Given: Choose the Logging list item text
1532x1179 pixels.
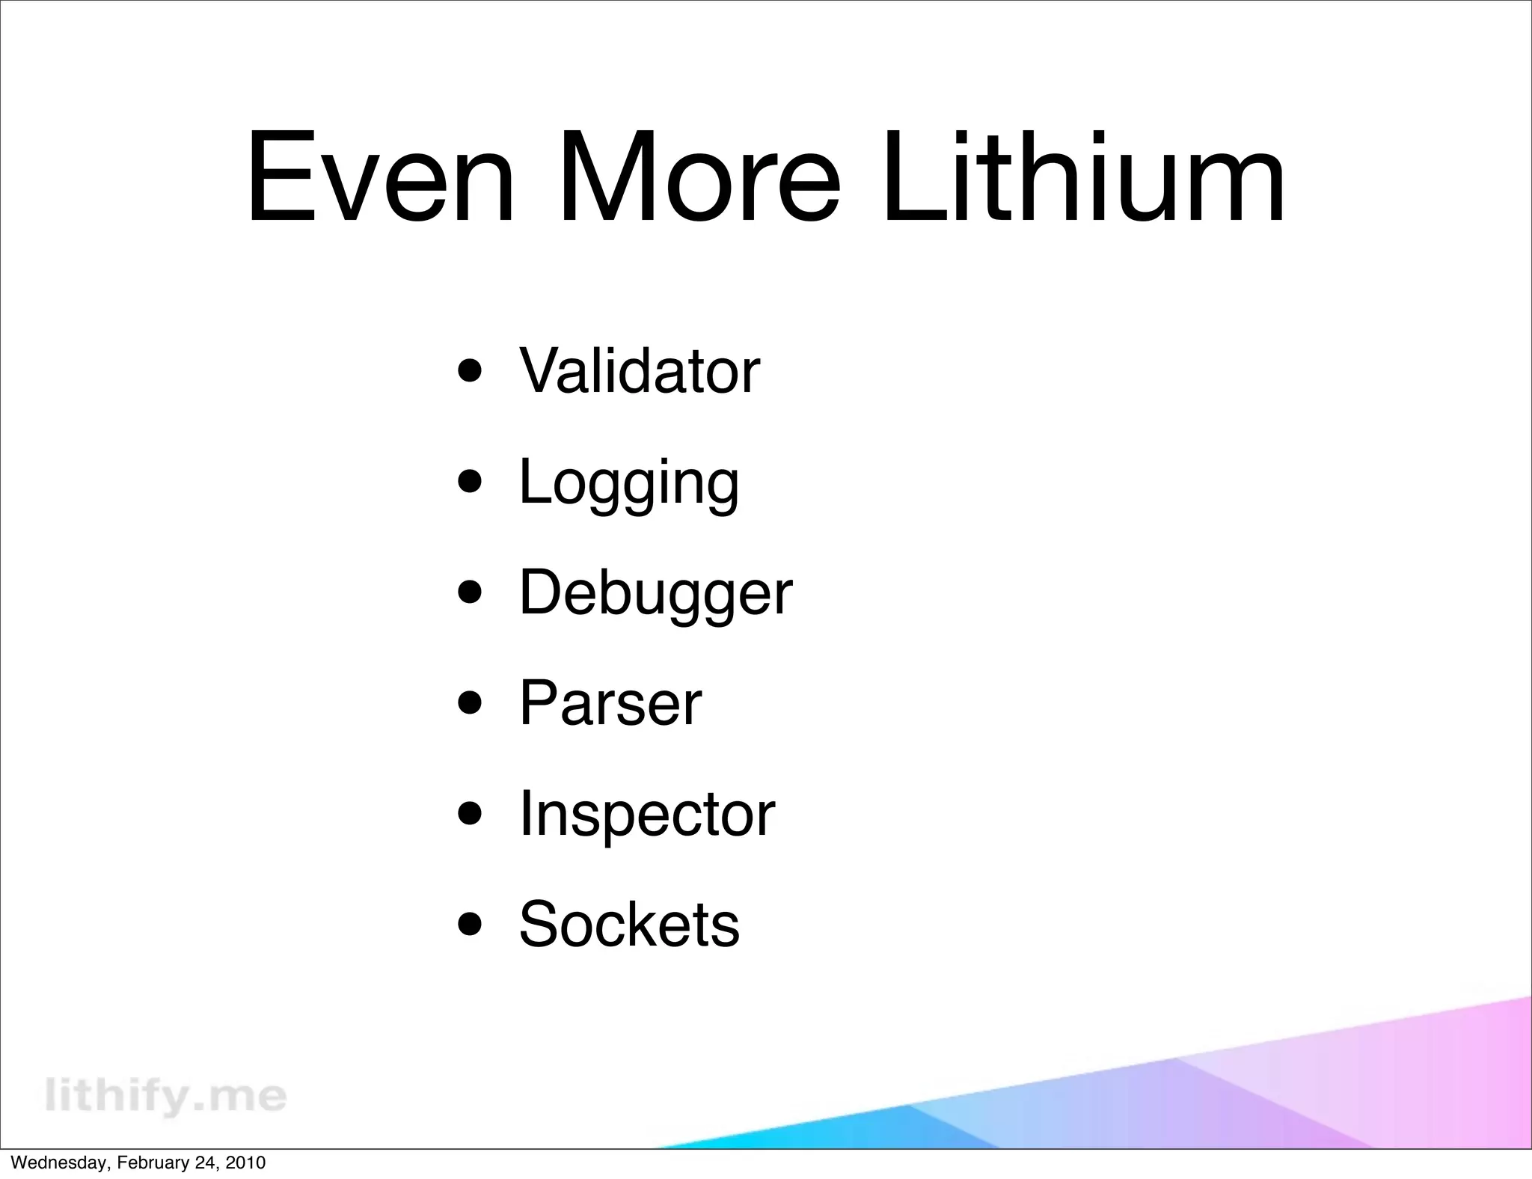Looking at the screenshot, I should pyautogui.click(x=629, y=483).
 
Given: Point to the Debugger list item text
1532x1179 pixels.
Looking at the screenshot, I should pyautogui.click(x=655, y=592).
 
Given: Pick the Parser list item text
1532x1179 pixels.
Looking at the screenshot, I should pyautogui.click(x=610, y=703).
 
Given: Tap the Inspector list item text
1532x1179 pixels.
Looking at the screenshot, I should pyautogui.click(x=647, y=814).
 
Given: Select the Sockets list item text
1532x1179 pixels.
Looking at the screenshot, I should pyautogui.click(x=629, y=925).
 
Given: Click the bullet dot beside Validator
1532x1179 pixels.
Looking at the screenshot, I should pyautogui.click(x=470, y=371).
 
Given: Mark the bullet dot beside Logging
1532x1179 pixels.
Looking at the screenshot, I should pyautogui.click(x=470, y=482).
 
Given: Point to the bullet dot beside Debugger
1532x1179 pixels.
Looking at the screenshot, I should pyautogui.click(x=470, y=592).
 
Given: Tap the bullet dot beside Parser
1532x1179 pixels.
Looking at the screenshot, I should pyautogui.click(x=470, y=703).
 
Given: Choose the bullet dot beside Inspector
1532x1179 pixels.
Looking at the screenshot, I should pyautogui.click(x=470, y=814).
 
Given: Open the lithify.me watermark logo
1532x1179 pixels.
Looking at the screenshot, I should pyautogui.click(x=165, y=1096).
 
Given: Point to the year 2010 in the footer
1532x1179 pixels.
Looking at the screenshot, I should pyautogui.click(x=245, y=1163).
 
